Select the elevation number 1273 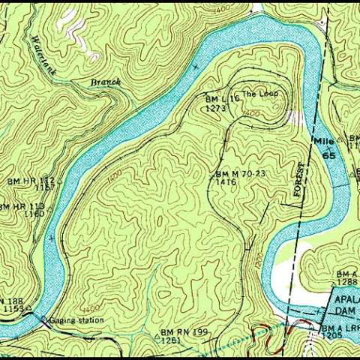pyautogui.click(x=216, y=108)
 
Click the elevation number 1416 pyautogui.click(x=226, y=181)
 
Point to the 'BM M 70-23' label pyautogui.click(x=240, y=173)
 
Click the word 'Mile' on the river pyautogui.click(x=322, y=140)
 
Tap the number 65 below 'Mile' pyautogui.click(x=328, y=154)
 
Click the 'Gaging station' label pyautogui.click(x=76, y=320)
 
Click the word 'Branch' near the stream pyautogui.click(x=105, y=81)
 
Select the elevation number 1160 pyautogui.click(x=34, y=214)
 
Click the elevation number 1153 pyautogui.click(x=13, y=309)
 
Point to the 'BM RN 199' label pyautogui.click(x=183, y=331)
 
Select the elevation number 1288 pyautogui.click(x=347, y=282)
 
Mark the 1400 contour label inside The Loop pyautogui.click(x=252, y=112)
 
